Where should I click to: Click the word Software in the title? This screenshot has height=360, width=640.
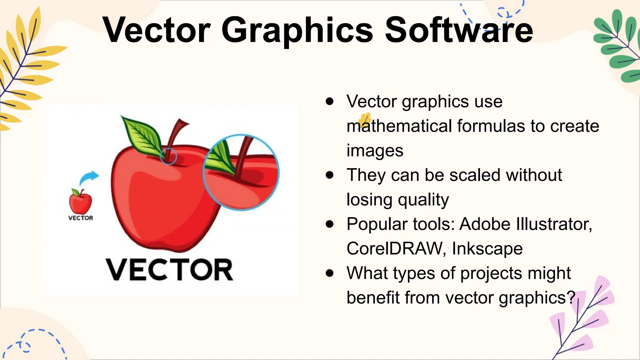[x=458, y=30]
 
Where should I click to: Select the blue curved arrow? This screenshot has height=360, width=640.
[x=89, y=177]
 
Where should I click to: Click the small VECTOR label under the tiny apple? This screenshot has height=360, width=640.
[x=81, y=218]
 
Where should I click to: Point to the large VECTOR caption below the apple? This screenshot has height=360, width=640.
[x=169, y=270]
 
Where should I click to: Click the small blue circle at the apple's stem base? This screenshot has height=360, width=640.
[x=168, y=156]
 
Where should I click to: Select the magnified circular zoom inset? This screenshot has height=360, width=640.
[x=241, y=172]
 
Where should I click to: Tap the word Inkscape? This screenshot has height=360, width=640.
[x=487, y=248]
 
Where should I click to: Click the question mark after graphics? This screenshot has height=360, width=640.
[x=571, y=297]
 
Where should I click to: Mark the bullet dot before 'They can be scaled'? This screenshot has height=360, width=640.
[x=329, y=175]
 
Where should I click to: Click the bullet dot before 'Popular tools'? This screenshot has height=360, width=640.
[x=329, y=224]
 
